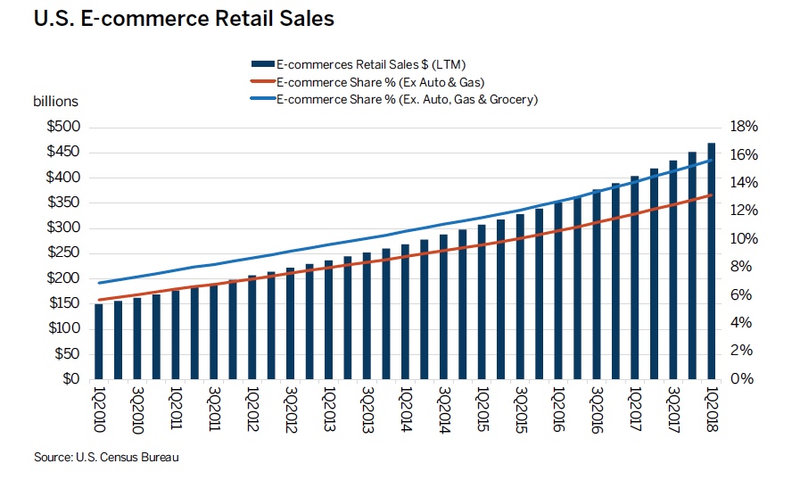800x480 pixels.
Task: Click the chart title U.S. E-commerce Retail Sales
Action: (x=184, y=19)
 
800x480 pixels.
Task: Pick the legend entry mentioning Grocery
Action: (x=407, y=99)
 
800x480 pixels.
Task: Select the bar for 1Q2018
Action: (x=712, y=261)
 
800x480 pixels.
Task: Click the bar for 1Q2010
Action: (x=99, y=342)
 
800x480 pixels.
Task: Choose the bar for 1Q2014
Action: (x=406, y=311)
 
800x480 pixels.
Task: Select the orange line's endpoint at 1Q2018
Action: (x=712, y=194)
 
